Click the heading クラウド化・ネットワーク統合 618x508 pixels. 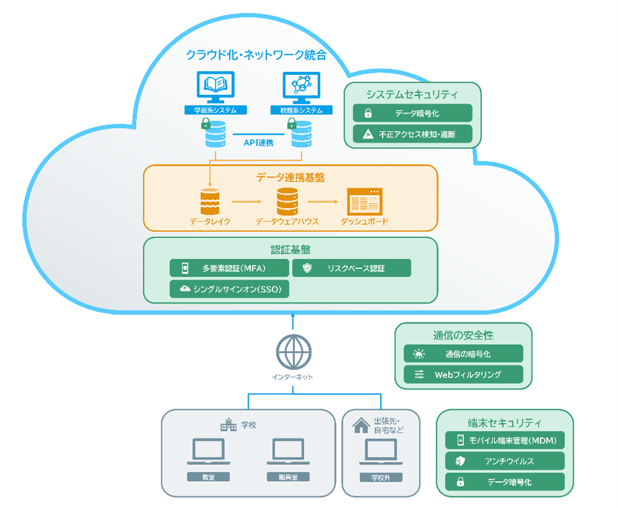pyautogui.click(x=256, y=55)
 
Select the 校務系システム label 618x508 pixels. pyautogui.click(x=301, y=111)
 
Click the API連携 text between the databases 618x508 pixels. pyautogui.click(x=258, y=143)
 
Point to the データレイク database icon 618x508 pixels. pyautogui.click(x=210, y=201)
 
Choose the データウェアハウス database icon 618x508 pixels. pyautogui.click(x=287, y=201)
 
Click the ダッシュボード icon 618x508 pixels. pyautogui.click(x=365, y=201)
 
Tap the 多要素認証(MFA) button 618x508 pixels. pyautogui.click(x=229, y=268)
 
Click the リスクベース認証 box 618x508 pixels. pyautogui.click(x=351, y=268)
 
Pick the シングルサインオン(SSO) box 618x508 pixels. pyautogui.click(x=229, y=289)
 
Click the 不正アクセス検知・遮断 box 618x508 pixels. pyautogui.click(x=412, y=134)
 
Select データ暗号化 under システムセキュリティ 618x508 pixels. pyautogui.click(x=412, y=113)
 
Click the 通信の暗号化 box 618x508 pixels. pyautogui.click(x=463, y=354)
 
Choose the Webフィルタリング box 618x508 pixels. pyautogui.click(x=463, y=374)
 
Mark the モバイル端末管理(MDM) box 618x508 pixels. pyautogui.click(x=505, y=440)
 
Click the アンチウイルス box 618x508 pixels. pyautogui.click(x=505, y=461)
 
